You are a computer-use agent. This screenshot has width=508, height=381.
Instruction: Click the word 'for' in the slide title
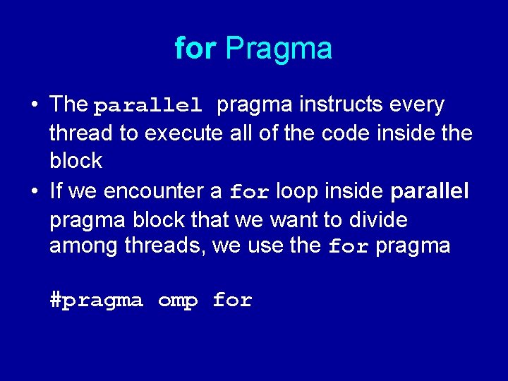196,49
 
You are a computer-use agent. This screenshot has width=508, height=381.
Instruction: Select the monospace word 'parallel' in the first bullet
148,107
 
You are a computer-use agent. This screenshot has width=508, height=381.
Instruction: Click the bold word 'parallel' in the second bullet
429,191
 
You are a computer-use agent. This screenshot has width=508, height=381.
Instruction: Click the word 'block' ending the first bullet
75,161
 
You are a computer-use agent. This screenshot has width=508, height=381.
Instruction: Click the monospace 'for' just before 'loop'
250,192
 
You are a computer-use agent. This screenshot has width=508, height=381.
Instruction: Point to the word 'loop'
298,191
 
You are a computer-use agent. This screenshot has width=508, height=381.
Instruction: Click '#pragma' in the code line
96,301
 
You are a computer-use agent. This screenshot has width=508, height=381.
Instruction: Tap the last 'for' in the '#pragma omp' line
232,301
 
